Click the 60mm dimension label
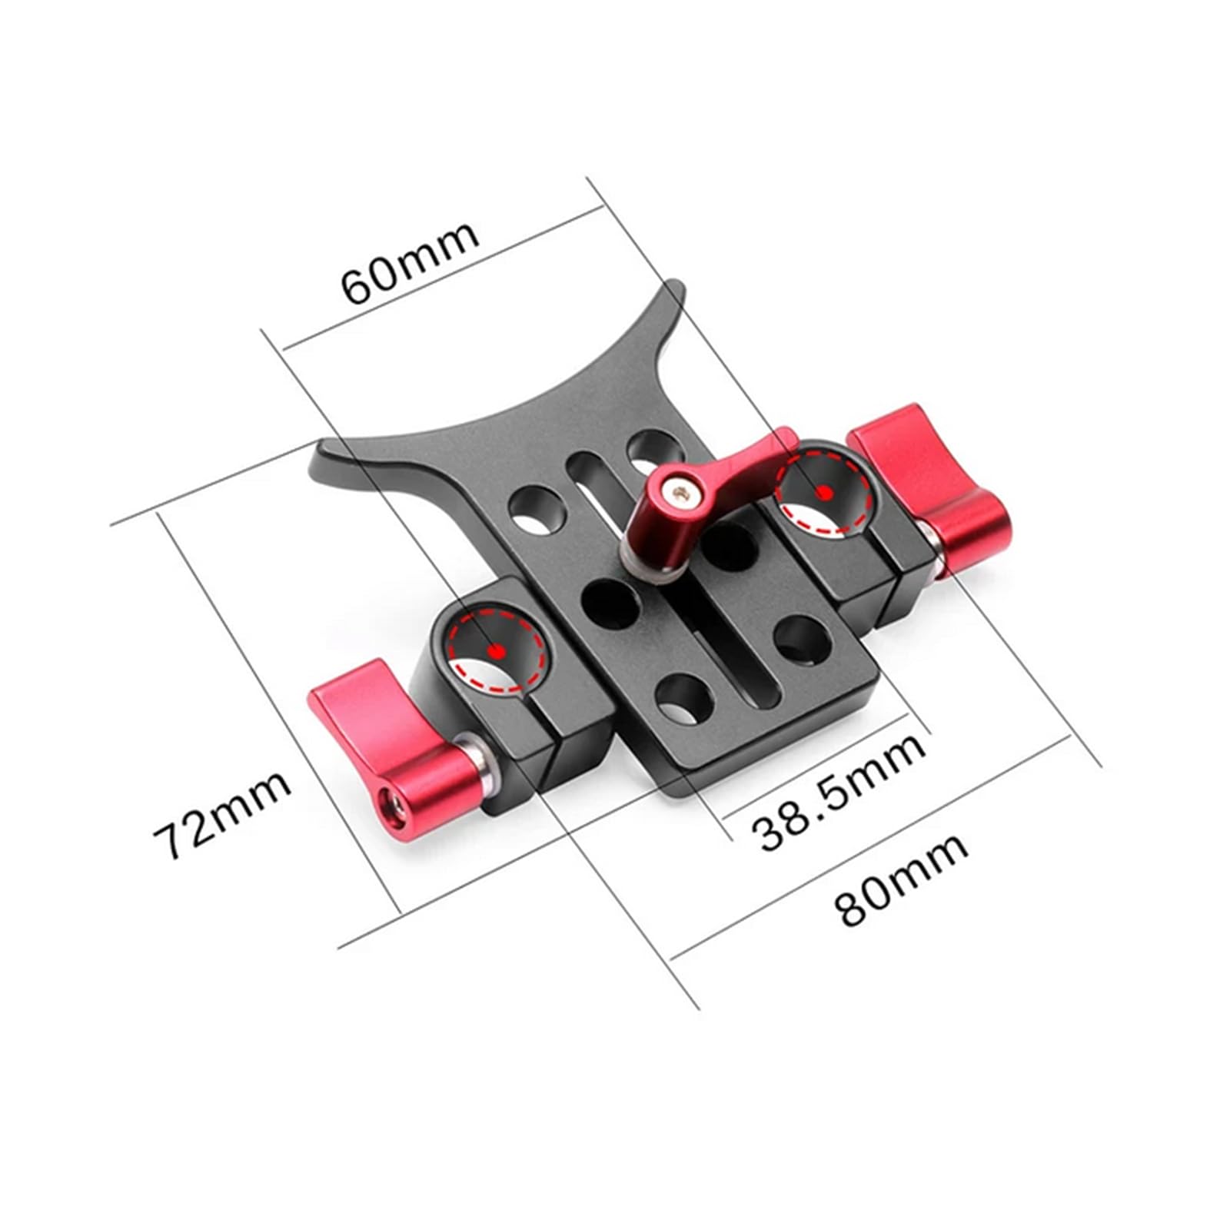pyautogui.click(x=410, y=263)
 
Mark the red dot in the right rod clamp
pyautogui.click(x=824, y=491)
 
